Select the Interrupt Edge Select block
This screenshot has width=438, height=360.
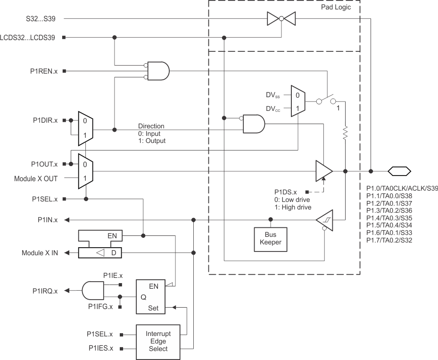[158, 341]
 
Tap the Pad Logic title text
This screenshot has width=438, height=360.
[336, 8]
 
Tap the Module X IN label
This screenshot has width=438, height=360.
[40, 253]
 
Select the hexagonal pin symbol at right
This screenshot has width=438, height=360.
[399, 171]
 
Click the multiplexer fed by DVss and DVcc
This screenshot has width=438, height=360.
[298, 101]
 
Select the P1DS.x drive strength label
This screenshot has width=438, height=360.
[286, 192]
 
